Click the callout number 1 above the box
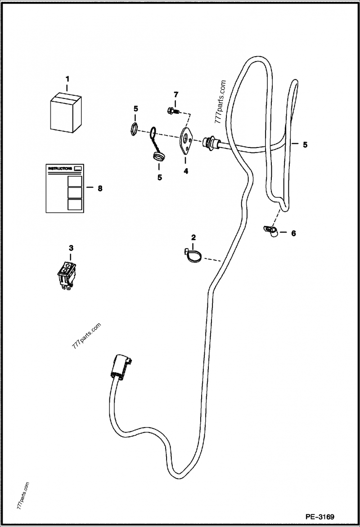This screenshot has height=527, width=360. coord(67,79)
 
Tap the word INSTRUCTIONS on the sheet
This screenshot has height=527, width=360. coord(60,168)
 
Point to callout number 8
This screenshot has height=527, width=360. coord(100,188)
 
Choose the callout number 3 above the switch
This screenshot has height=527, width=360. coord(71,248)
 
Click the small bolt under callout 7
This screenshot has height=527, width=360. coord(172,109)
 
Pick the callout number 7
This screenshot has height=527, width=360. coord(176,94)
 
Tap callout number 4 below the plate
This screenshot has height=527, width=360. coord(185,171)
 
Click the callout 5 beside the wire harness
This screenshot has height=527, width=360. coord(305,145)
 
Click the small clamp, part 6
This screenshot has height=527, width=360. coord(271,231)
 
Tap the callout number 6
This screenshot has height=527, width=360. coord(293,233)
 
